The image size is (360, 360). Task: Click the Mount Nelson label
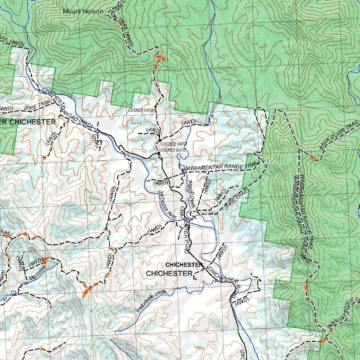pyautogui.click(x=83, y=11)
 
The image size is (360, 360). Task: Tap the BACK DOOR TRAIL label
pyautogui.click(x=339, y=135)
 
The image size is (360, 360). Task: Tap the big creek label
pyautogui.click(x=38, y=273)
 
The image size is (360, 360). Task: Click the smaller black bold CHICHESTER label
pyautogui.click(x=184, y=264)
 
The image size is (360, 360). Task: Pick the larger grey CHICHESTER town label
pyautogui.click(x=169, y=273)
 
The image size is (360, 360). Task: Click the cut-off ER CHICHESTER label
pyautogui.click(x=28, y=122)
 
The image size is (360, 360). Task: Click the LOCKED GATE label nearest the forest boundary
pyautogui.click(x=141, y=110)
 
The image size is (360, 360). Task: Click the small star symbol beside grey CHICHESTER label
pyautogui.click(x=195, y=279)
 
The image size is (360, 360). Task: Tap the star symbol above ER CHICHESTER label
pyautogui.click(x=59, y=116)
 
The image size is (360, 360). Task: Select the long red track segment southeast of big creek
pyautogui.click(x=88, y=291)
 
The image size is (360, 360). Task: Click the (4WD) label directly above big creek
pyautogui.click(x=36, y=261)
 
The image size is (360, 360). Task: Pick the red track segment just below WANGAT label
pyautogui.click(x=322, y=340)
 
